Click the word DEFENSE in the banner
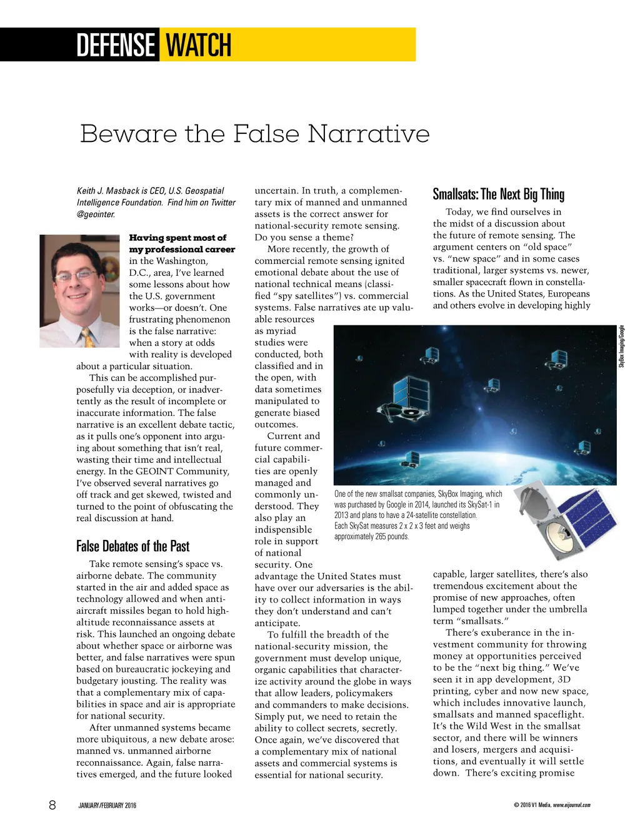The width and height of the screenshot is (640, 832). click(115, 45)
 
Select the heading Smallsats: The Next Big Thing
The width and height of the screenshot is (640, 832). click(498, 194)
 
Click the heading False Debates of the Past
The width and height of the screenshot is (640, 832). click(132, 546)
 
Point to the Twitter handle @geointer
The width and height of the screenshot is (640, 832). click(96, 214)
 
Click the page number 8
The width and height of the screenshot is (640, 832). click(52, 804)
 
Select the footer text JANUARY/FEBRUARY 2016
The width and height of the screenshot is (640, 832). click(107, 805)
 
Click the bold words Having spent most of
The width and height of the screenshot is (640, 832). click(177, 238)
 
